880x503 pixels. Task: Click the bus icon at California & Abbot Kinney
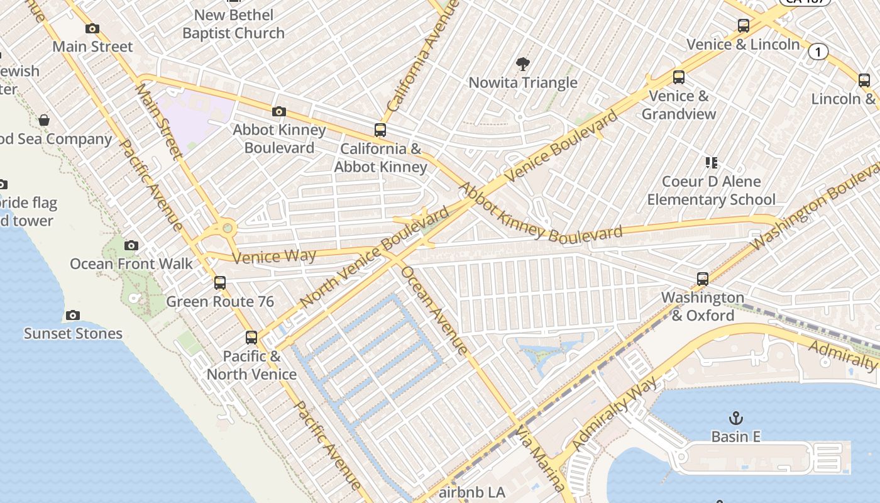coord(380,130)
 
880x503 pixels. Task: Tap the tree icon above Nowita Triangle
coord(522,64)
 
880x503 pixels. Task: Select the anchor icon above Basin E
coord(735,417)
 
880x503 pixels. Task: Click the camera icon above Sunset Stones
coord(73,315)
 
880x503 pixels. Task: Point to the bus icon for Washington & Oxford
coord(703,279)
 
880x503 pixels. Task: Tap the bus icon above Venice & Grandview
coord(679,77)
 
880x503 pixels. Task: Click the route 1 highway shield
coord(818,52)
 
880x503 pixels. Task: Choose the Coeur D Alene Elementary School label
coord(711,191)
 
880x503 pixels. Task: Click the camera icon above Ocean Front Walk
coord(131,245)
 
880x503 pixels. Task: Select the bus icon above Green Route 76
coord(219,283)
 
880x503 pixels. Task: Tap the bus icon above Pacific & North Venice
coord(251,338)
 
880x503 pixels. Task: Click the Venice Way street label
coord(274,256)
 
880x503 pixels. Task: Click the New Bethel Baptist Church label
coord(234,24)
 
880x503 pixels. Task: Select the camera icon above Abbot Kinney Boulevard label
coord(278,112)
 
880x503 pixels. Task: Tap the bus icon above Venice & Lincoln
coord(744,26)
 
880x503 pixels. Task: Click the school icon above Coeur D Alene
coord(712,163)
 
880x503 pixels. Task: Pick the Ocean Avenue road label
coord(434,310)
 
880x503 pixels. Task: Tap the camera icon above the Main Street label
coord(92,28)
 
